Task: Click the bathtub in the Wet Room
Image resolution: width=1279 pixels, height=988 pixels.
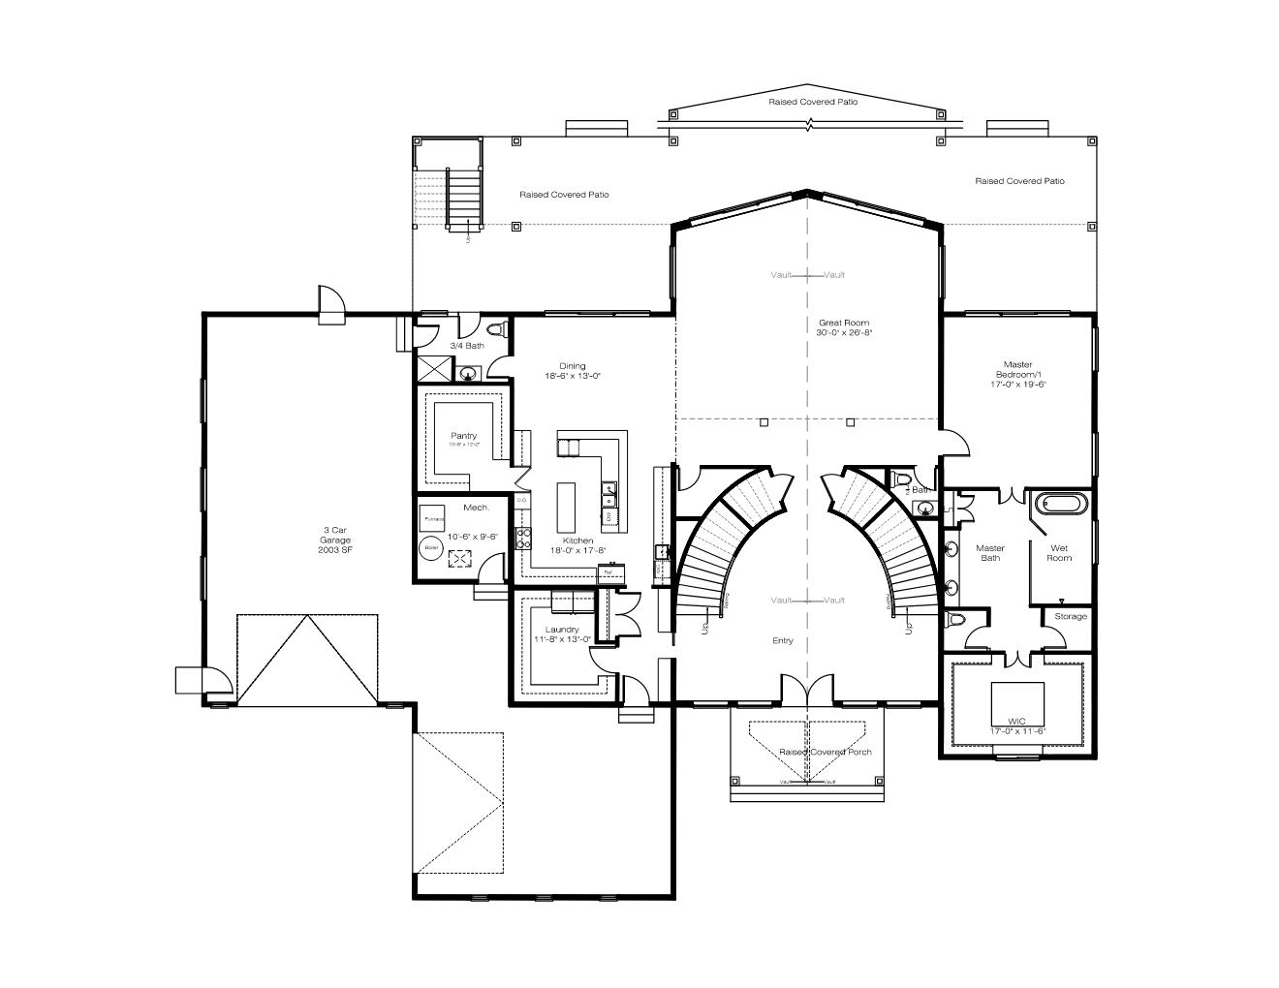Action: click(x=1061, y=504)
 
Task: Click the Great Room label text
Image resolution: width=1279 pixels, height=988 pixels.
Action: click(x=843, y=323)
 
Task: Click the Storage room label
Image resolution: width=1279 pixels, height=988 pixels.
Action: click(x=1071, y=616)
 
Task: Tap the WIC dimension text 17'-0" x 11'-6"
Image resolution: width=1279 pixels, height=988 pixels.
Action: click(x=1017, y=730)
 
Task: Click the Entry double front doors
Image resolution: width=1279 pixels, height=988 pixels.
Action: click(x=807, y=690)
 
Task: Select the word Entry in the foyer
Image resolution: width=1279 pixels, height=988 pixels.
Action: click(x=782, y=640)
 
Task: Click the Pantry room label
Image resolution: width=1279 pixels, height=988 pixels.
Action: click(x=463, y=436)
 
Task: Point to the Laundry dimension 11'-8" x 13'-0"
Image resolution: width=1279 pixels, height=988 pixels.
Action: click(x=562, y=639)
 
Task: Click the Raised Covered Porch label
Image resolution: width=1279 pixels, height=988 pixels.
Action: click(x=826, y=752)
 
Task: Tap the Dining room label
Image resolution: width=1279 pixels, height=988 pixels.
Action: click(x=572, y=366)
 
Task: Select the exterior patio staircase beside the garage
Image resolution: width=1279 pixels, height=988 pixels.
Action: click(x=463, y=199)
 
